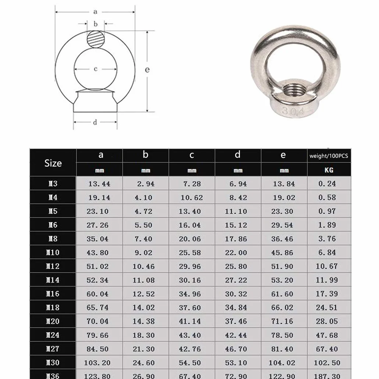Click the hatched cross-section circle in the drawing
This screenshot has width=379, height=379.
pyautogui.click(x=96, y=39)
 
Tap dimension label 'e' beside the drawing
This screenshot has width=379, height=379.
pyautogui.click(x=147, y=70)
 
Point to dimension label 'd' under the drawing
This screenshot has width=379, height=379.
pyautogui.click(x=95, y=122)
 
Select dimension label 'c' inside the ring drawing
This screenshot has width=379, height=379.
pyautogui.click(x=95, y=69)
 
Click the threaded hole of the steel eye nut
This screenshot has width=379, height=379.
pyautogui.click(x=293, y=89)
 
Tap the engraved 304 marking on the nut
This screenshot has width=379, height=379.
pyautogui.click(x=293, y=111)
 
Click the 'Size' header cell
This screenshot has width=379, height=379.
pyautogui.click(x=53, y=163)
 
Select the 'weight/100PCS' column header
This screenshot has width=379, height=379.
pyautogui.click(x=329, y=156)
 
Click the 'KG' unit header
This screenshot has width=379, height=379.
pyautogui.click(x=329, y=170)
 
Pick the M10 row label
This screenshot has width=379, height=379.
pyautogui.click(x=53, y=252)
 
